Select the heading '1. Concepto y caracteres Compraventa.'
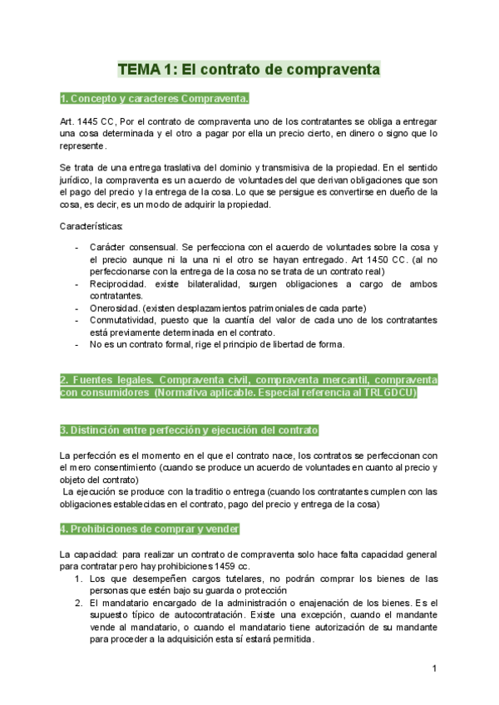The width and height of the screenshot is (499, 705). tap(155, 100)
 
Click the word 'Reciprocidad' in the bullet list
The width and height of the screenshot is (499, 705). tap(119, 284)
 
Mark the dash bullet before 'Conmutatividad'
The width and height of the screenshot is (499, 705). tap(78, 320)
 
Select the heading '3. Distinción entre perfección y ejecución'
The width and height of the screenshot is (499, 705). tap(190, 431)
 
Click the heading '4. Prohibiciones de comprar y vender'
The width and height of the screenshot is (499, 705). tap(151, 529)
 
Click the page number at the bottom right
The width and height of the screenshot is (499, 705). tap(434, 669)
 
